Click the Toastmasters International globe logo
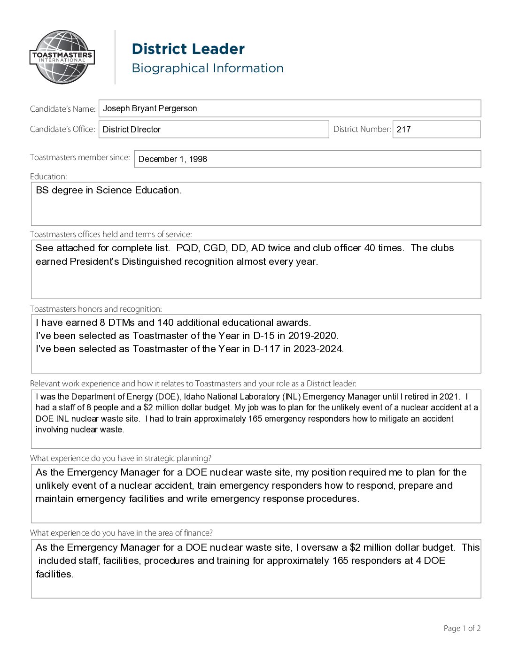click(x=62, y=57)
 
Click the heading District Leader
click(x=188, y=49)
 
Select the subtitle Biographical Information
click(x=207, y=68)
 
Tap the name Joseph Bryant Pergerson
click(x=150, y=108)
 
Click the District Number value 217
click(x=403, y=130)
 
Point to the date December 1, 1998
click(x=172, y=159)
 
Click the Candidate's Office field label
click(x=62, y=129)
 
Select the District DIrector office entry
click(x=132, y=130)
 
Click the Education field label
click(x=48, y=177)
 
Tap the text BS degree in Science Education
click(x=108, y=190)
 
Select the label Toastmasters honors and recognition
click(x=96, y=309)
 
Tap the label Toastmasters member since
click(x=80, y=157)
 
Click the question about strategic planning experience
click(x=121, y=458)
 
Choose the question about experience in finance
click(x=121, y=533)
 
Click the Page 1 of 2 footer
click(x=462, y=628)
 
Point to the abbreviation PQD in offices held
click(x=187, y=248)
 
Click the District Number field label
click(x=362, y=129)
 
